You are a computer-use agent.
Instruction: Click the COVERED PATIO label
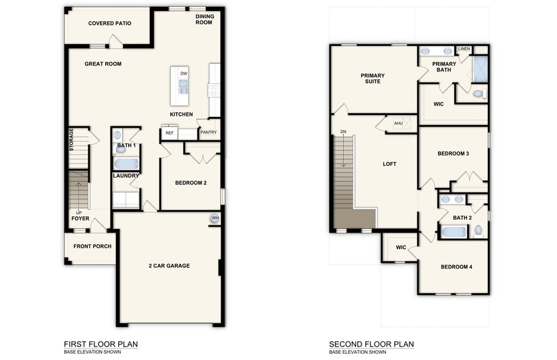[110, 24]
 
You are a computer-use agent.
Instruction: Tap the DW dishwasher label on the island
[183, 74]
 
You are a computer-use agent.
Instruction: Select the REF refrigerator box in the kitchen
[169, 133]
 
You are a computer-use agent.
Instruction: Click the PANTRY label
[208, 132]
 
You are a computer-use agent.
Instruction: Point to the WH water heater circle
[215, 219]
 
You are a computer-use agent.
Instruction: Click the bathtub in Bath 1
[126, 164]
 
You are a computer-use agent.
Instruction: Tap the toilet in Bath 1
[120, 146]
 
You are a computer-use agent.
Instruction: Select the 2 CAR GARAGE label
[169, 266]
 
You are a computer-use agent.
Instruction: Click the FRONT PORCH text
[93, 247]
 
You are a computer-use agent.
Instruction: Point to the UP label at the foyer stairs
[78, 213]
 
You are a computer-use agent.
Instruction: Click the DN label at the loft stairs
[343, 132]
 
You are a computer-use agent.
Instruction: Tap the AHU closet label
[398, 124]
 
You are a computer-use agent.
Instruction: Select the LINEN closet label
[464, 49]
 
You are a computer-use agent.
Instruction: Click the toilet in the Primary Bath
[479, 94]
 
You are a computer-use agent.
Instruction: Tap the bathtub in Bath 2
[453, 232]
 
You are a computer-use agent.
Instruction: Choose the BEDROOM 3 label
[453, 154]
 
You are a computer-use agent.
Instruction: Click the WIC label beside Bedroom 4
[401, 248]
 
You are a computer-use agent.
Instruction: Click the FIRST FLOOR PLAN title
[100, 344]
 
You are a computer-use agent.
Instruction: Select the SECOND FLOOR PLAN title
[371, 344]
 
